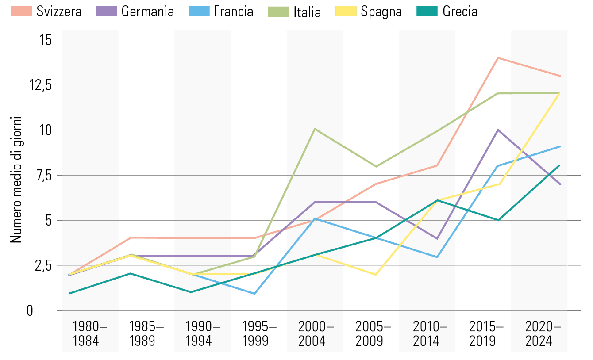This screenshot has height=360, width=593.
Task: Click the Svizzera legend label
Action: click(x=59, y=11)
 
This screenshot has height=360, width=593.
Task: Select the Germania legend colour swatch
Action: click(x=107, y=11)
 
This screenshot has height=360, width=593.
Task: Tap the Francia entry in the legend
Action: click(x=233, y=11)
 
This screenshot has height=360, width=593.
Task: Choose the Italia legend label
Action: click(x=307, y=11)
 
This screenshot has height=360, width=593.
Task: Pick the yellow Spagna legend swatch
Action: click(x=347, y=11)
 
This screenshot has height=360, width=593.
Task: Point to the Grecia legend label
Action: click(x=460, y=11)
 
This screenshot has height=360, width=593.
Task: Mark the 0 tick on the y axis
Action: click(x=42, y=310)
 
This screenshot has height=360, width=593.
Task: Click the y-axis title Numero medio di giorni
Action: click(x=16, y=179)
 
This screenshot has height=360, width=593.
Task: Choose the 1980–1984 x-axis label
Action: click(x=90, y=334)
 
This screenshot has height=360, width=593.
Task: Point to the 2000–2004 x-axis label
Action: click(x=316, y=334)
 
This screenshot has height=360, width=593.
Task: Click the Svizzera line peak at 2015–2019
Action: click(x=498, y=58)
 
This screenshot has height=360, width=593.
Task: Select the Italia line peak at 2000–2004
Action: click(x=314, y=129)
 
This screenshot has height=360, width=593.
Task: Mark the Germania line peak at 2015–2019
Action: click(x=498, y=130)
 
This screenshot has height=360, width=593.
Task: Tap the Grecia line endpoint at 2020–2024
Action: click(x=560, y=166)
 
